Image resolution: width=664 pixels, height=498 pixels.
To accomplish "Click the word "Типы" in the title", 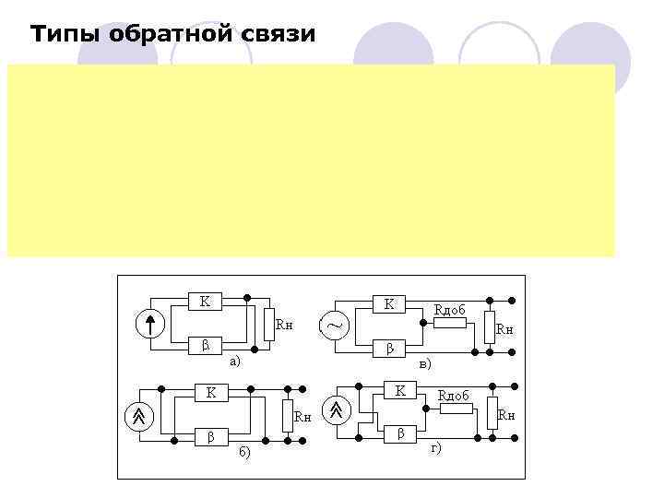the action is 63,35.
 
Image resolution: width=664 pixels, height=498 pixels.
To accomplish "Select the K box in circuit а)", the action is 205,301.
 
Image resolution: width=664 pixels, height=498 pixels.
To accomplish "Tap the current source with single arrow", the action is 150,325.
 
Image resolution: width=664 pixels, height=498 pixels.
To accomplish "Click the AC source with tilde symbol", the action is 335,326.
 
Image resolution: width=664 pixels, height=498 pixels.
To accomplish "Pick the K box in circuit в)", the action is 389,302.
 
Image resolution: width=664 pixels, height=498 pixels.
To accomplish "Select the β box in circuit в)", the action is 389,349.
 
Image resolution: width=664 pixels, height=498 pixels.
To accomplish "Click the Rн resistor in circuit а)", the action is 268,323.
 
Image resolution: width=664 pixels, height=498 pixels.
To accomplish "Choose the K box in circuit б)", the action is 211,394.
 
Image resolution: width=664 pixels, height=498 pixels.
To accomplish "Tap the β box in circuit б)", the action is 211,436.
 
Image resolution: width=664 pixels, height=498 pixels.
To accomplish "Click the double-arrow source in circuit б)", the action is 138,416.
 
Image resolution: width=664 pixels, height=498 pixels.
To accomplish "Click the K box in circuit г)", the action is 400,392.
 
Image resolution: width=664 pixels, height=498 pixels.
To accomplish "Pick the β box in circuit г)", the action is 400,433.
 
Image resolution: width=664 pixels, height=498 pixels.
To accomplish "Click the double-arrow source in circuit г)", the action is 338,409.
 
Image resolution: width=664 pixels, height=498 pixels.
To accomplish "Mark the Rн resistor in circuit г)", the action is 492,414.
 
